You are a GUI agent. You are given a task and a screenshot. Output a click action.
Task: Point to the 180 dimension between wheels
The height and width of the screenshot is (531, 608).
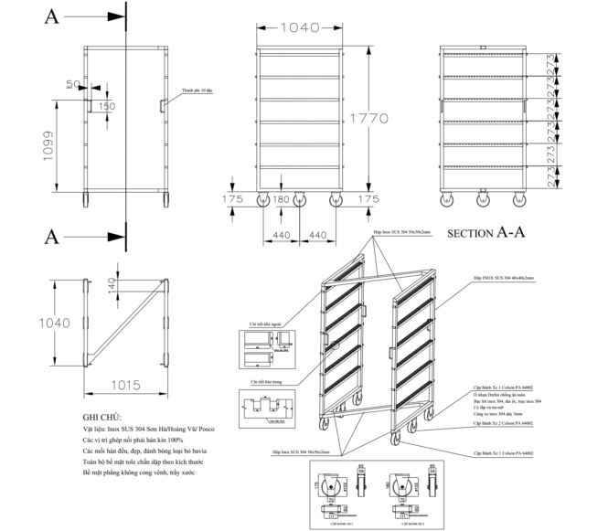[281, 198]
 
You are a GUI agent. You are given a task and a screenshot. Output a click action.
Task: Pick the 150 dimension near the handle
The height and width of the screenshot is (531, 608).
[108, 107]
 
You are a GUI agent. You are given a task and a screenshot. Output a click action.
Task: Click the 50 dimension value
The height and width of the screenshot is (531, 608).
[73, 84]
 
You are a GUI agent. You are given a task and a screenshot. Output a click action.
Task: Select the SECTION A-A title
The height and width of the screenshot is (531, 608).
[485, 232]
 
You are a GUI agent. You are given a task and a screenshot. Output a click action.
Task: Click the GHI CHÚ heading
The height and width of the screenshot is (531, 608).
[101, 417]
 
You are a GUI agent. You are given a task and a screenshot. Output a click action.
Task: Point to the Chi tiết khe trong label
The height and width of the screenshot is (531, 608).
[261, 383]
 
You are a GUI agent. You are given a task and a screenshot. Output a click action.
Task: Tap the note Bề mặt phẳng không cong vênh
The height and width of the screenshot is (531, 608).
[137, 472]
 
